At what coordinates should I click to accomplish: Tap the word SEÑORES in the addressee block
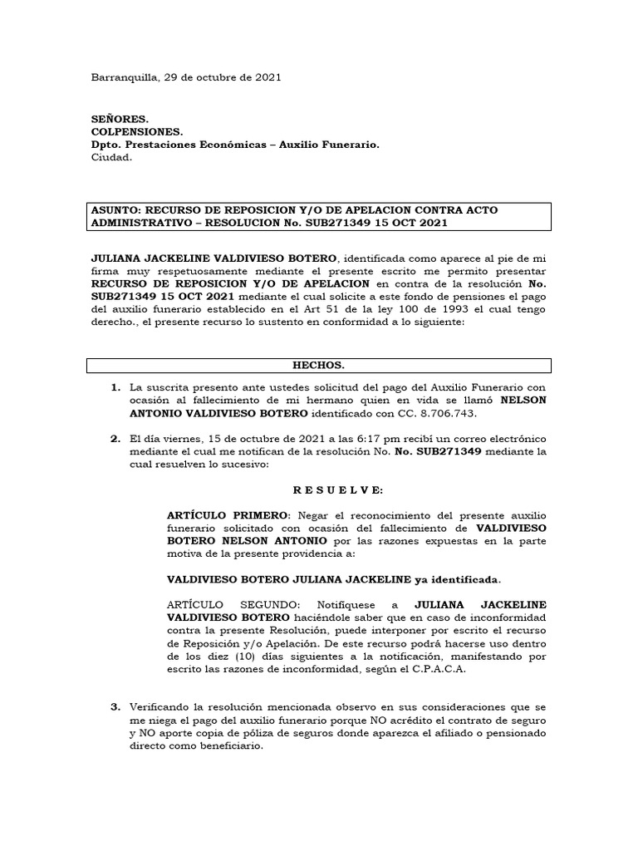click(x=120, y=119)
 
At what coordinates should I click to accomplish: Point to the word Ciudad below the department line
click(x=111, y=158)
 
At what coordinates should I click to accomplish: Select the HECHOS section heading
click(x=318, y=366)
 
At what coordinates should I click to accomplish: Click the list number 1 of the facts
click(x=115, y=387)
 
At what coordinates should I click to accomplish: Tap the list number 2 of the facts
click(x=115, y=438)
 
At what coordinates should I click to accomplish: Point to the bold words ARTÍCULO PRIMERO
click(x=216, y=517)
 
